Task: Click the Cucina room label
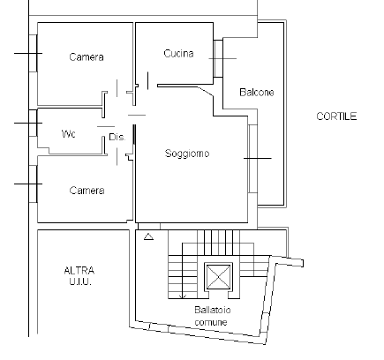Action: click(178, 54)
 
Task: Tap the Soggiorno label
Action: click(187, 154)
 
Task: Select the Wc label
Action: click(68, 134)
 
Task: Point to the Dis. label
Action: click(117, 137)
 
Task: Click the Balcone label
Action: click(257, 93)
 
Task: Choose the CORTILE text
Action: click(336, 116)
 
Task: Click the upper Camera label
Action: click(87, 56)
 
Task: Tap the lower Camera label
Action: click(87, 191)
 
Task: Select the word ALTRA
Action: click(79, 270)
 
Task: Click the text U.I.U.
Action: click(80, 281)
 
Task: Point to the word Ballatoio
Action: click(213, 310)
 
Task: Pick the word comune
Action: click(211, 322)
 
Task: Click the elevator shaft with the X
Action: click(218, 277)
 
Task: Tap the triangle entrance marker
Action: click(148, 236)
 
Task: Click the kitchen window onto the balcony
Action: click(218, 58)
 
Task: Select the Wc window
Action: click(34, 123)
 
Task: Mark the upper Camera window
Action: click(34, 53)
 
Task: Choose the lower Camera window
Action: click(34, 184)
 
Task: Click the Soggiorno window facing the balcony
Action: click(252, 159)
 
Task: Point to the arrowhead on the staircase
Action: click(183, 296)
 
